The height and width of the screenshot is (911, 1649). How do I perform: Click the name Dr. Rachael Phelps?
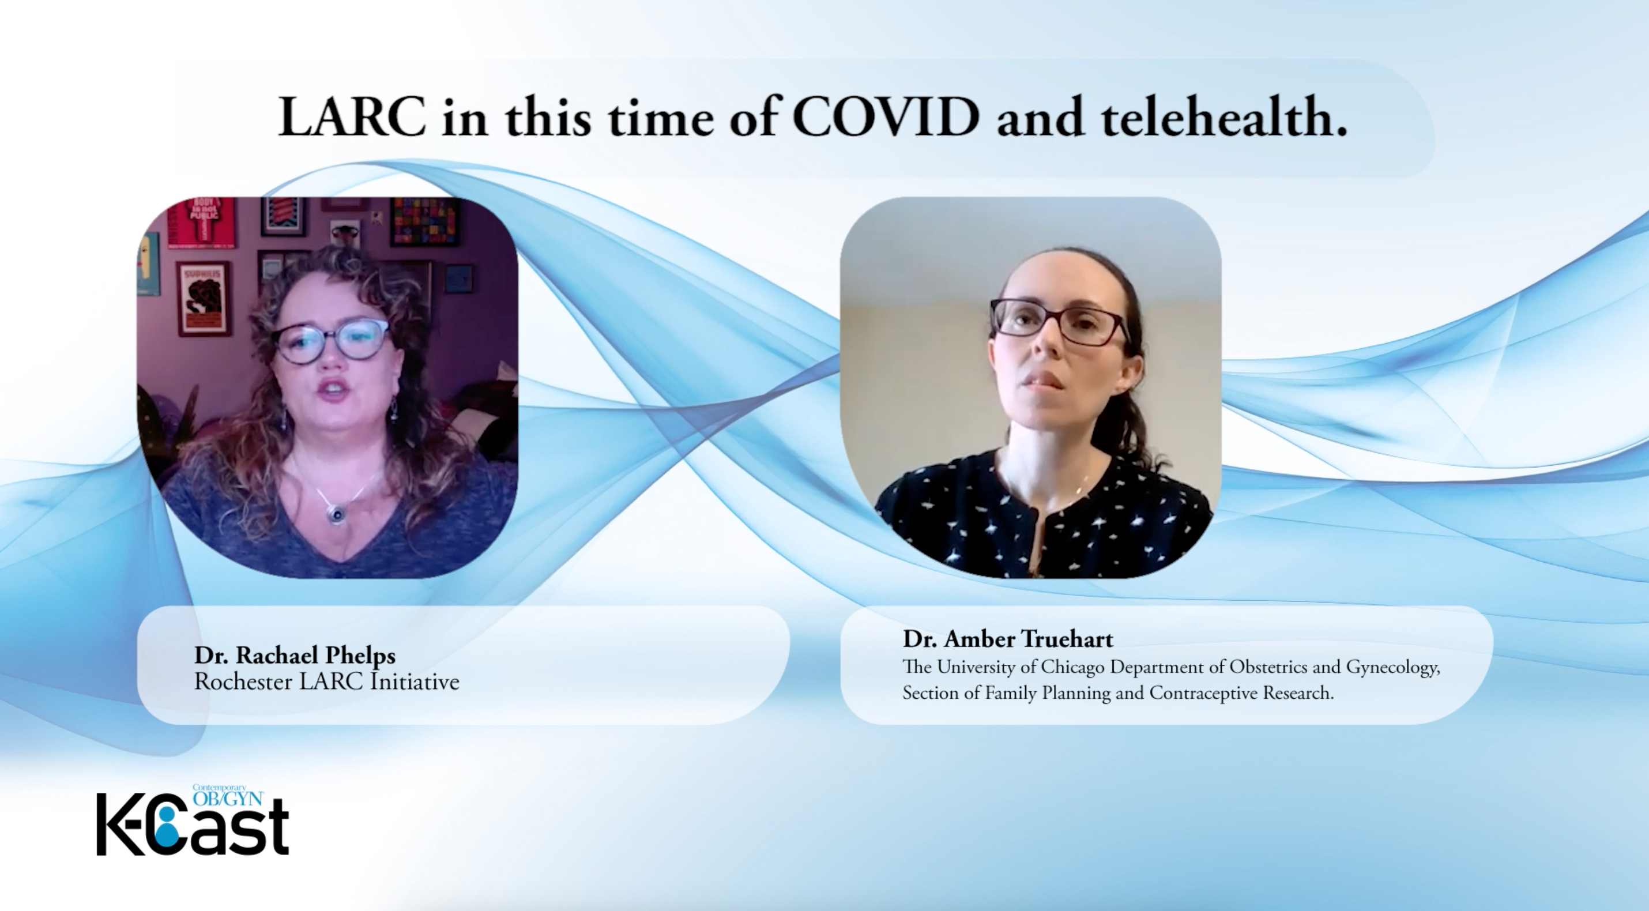tap(295, 655)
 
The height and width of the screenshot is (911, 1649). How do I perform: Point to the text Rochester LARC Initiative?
tap(327, 681)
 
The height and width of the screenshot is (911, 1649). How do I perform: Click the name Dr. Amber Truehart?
tap(1008, 638)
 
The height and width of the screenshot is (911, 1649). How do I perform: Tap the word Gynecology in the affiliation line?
tap(1392, 668)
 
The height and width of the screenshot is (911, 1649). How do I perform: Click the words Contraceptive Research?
tap(1242, 692)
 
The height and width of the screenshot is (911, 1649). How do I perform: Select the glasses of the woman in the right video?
tap(1058, 321)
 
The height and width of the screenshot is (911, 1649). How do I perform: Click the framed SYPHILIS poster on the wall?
tap(202, 298)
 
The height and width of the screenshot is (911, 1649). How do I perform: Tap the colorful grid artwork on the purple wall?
tap(425, 221)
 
